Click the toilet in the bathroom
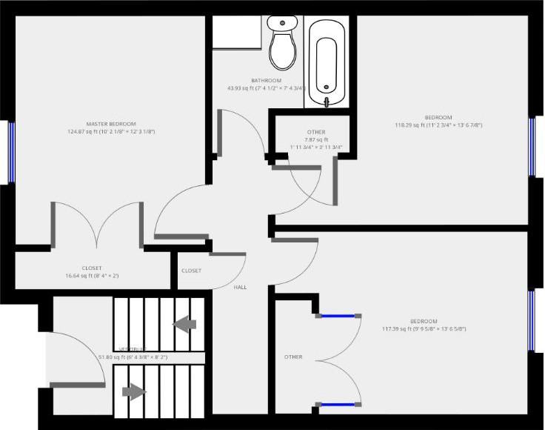point(281,44)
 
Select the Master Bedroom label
point(111,123)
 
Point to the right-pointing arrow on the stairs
point(133,391)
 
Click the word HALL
point(241,287)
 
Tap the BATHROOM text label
point(266,80)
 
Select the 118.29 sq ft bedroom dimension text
point(438,125)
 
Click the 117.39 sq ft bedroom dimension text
point(424,328)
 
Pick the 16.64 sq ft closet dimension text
point(93,276)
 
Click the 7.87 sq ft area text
point(316,139)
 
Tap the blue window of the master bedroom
point(12,151)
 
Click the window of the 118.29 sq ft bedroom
point(532,145)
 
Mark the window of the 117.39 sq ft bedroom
point(532,320)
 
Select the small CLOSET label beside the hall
point(191,271)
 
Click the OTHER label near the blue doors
point(293,357)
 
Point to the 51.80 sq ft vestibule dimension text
point(133,357)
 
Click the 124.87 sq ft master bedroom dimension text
point(111,131)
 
